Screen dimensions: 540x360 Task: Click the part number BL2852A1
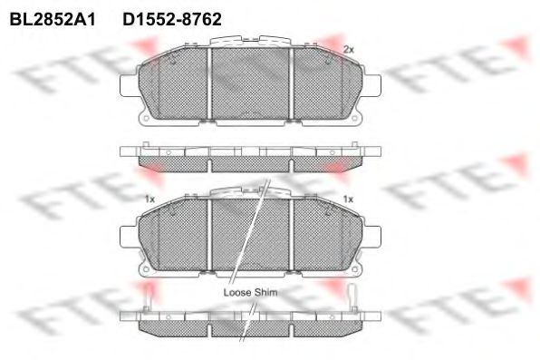coord(53,19)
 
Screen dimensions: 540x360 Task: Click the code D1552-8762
coord(172,19)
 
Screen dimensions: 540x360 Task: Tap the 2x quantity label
coord(349,50)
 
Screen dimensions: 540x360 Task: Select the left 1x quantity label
coord(149,199)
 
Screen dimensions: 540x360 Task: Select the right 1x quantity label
coord(348,199)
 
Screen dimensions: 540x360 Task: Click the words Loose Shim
coord(250,292)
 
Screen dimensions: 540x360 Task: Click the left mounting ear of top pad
coord(129,85)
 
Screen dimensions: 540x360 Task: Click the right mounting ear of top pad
coord(372,85)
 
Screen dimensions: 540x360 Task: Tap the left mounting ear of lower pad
coord(129,237)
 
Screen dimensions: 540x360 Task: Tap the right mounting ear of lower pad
coord(372,237)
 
